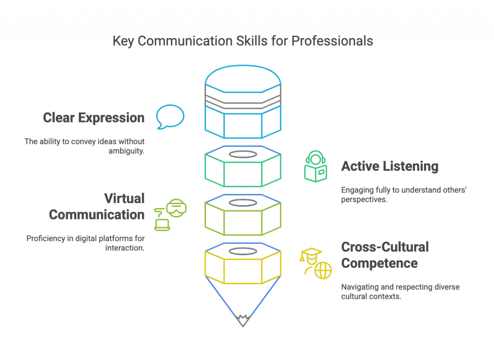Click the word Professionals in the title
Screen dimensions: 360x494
tap(333, 41)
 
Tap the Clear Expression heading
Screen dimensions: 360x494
tap(94, 118)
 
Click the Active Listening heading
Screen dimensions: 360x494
tap(390, 166)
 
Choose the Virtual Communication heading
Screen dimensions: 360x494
tap(96, 207)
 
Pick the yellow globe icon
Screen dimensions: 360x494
tap(323, 270)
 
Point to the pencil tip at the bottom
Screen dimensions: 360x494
tap(243, 320)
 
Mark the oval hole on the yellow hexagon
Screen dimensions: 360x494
tap(243, 251)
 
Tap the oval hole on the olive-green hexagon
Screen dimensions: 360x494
tap(243, 203)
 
